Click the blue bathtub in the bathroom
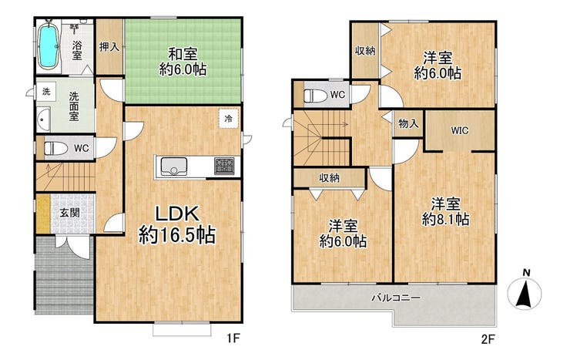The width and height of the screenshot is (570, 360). pyautogui.click(x=49, y=45)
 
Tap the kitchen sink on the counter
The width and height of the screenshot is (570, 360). pyautogui.click(x=174, y=167)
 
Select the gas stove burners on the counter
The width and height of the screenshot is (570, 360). pyautogui.click(x=224, y=166)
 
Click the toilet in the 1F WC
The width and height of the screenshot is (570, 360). pyautogui.click(x=55, y=148)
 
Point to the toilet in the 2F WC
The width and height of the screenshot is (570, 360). pyautogui.click(x=315, y=96)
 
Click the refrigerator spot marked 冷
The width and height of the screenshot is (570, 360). pyautogui.click(x=229, y=118)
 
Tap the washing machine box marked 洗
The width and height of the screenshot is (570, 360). pyautogui.click(x=46, y=92)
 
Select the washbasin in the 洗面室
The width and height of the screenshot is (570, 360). pyautogui.click(x=44, y=119)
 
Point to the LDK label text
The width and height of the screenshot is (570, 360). pyautogui.click(x=177, y=214)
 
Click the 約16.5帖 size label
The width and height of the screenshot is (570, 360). pyautogui.click(x=177, y=235)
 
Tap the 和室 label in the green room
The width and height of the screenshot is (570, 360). pyautogui.click(x=183, y=55)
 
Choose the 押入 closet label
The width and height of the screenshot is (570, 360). pyautogui.click(x=109, y=47)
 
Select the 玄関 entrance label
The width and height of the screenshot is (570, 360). pyautogui.click(x=69, y=213)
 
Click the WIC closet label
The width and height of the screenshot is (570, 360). pyautogui.click(x=460, y=130)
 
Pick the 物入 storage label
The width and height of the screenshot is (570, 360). pyautogui.click(x=408, y=123)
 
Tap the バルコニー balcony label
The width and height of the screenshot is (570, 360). pyautogui.click(x=396, y=298)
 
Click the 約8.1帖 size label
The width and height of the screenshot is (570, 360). pyautogui.click(x=445, y=219)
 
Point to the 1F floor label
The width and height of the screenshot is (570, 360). pyautogui.click(x=233, y=339)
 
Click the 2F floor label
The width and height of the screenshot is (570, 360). pyautogui.click(x=488, y=339)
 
